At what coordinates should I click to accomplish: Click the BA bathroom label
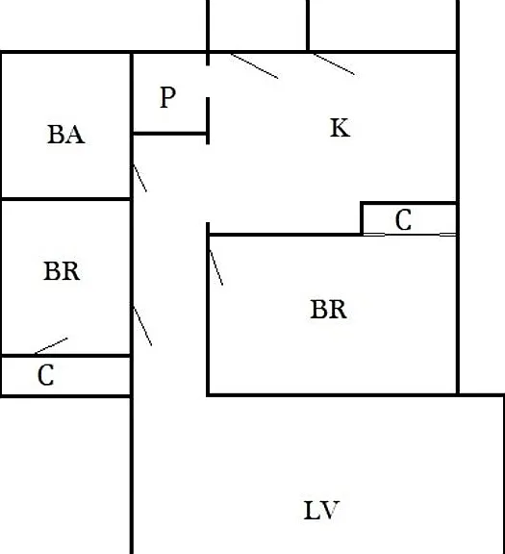point(66,135)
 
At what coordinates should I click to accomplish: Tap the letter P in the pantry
point(168,97)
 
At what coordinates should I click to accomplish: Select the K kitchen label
point(341,128)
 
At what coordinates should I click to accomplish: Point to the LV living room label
point(321,510)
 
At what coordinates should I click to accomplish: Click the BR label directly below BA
point(62,271)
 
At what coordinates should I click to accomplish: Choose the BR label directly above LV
point(329,309)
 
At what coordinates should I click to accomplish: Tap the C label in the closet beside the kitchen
point(403,219)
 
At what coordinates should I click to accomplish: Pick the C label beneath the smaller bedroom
point(46,375)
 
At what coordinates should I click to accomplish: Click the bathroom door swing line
point(139,178)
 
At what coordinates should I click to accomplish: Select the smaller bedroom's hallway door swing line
point(142,326)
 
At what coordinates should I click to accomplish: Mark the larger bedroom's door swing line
point(216,267)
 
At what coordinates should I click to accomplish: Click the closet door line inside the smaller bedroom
point(51,345)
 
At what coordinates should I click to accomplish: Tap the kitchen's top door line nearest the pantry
point(255,66)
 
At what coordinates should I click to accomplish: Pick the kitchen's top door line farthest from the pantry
point(335,64)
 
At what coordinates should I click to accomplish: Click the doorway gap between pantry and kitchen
point(208,82)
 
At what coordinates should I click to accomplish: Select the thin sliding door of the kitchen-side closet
point(410,235)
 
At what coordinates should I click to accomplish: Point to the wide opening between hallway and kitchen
point(208,184)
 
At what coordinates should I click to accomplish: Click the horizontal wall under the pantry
point(169,133)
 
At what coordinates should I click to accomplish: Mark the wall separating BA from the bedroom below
point(66,200)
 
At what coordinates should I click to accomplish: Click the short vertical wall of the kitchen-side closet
point(362,218)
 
